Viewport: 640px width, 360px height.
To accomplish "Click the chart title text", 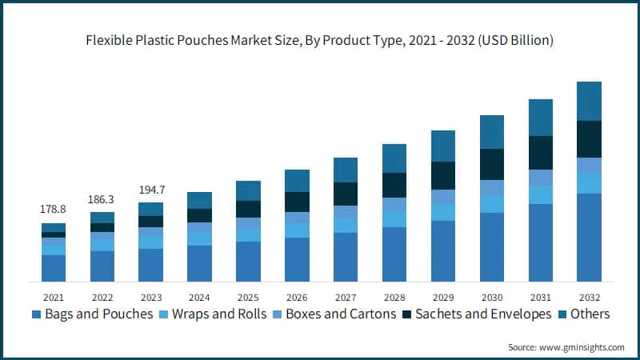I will pyautogui.click(x=320, y=39).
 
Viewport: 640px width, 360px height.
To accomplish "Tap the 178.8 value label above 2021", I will pyautogui.click(x=54, y=209).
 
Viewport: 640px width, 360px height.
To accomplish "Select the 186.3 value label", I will pyautogui.click(x=102, y=197).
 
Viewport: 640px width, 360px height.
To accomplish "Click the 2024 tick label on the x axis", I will pyautogui.click(x=198, y=296).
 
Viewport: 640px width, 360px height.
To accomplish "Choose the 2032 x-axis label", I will pyautogui.click(x=589, y=296).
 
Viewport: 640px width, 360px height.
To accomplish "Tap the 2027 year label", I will pyautogui.click(x=345, y=296).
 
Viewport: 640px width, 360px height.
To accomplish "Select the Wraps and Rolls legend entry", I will pyautogui.click(x=212, y=314).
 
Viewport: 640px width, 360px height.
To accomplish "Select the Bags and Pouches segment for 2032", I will pyautogui.click(x=589, y=238).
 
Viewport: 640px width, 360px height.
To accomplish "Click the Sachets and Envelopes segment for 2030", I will pyautogui.click(x=491, y=164).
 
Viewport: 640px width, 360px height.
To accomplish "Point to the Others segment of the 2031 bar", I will pyautogui.click(x=540, y=118).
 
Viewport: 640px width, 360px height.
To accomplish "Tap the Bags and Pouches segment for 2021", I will pyautogui.click(x=54, y=268).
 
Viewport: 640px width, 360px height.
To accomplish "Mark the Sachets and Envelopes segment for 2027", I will pyautogui.click(x=345, y=194).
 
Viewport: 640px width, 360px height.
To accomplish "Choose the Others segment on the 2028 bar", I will pyautogui.click(x=394, y=158).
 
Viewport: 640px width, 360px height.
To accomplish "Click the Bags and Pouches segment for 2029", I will pyautogui.click(x=442, y=251).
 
